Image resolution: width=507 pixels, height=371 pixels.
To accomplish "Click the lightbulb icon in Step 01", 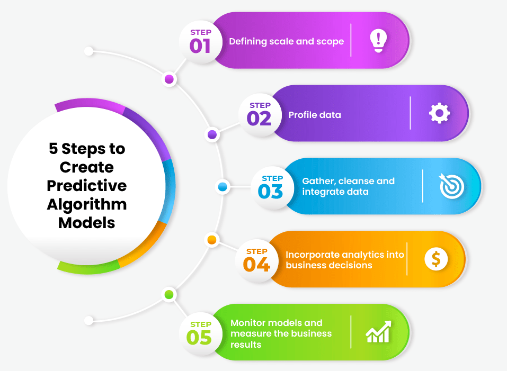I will tap(378, 40).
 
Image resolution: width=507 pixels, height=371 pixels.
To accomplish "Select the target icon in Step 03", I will tap(451, 186).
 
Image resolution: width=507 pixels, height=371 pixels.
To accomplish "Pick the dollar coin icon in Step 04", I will tap(436, 259).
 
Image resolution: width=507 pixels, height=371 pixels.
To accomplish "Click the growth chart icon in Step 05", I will tap(378, 332).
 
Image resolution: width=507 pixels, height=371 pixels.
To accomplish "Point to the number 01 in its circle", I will tap(200, 46).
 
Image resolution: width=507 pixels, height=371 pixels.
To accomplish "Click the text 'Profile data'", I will tap(315, 115).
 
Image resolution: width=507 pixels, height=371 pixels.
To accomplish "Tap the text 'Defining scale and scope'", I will tap(286, 41).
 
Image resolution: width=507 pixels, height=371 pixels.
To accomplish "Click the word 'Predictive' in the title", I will tap(87, 186).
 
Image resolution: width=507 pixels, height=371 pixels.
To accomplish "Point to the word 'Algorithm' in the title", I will tap(87, 204).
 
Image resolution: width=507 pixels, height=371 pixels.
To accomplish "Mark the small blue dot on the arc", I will tap(223, 186).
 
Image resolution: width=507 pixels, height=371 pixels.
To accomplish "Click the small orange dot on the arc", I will tap(212, 240).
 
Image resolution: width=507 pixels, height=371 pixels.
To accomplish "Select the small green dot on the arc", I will tap(169, 294).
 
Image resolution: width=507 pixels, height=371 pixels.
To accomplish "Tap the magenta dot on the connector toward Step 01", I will tap(169, 79).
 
